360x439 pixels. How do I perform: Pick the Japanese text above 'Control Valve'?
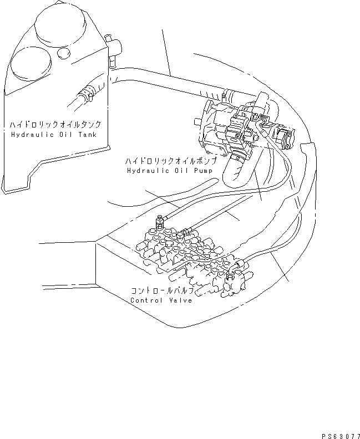click(162, 290)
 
